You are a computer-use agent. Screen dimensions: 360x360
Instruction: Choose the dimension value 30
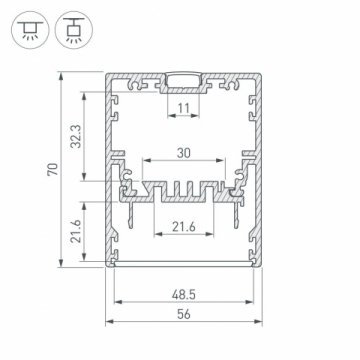click(181, 152)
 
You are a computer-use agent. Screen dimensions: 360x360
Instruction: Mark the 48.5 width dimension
click(181, 297)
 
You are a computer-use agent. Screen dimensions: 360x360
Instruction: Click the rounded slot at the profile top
click(181, 80)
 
